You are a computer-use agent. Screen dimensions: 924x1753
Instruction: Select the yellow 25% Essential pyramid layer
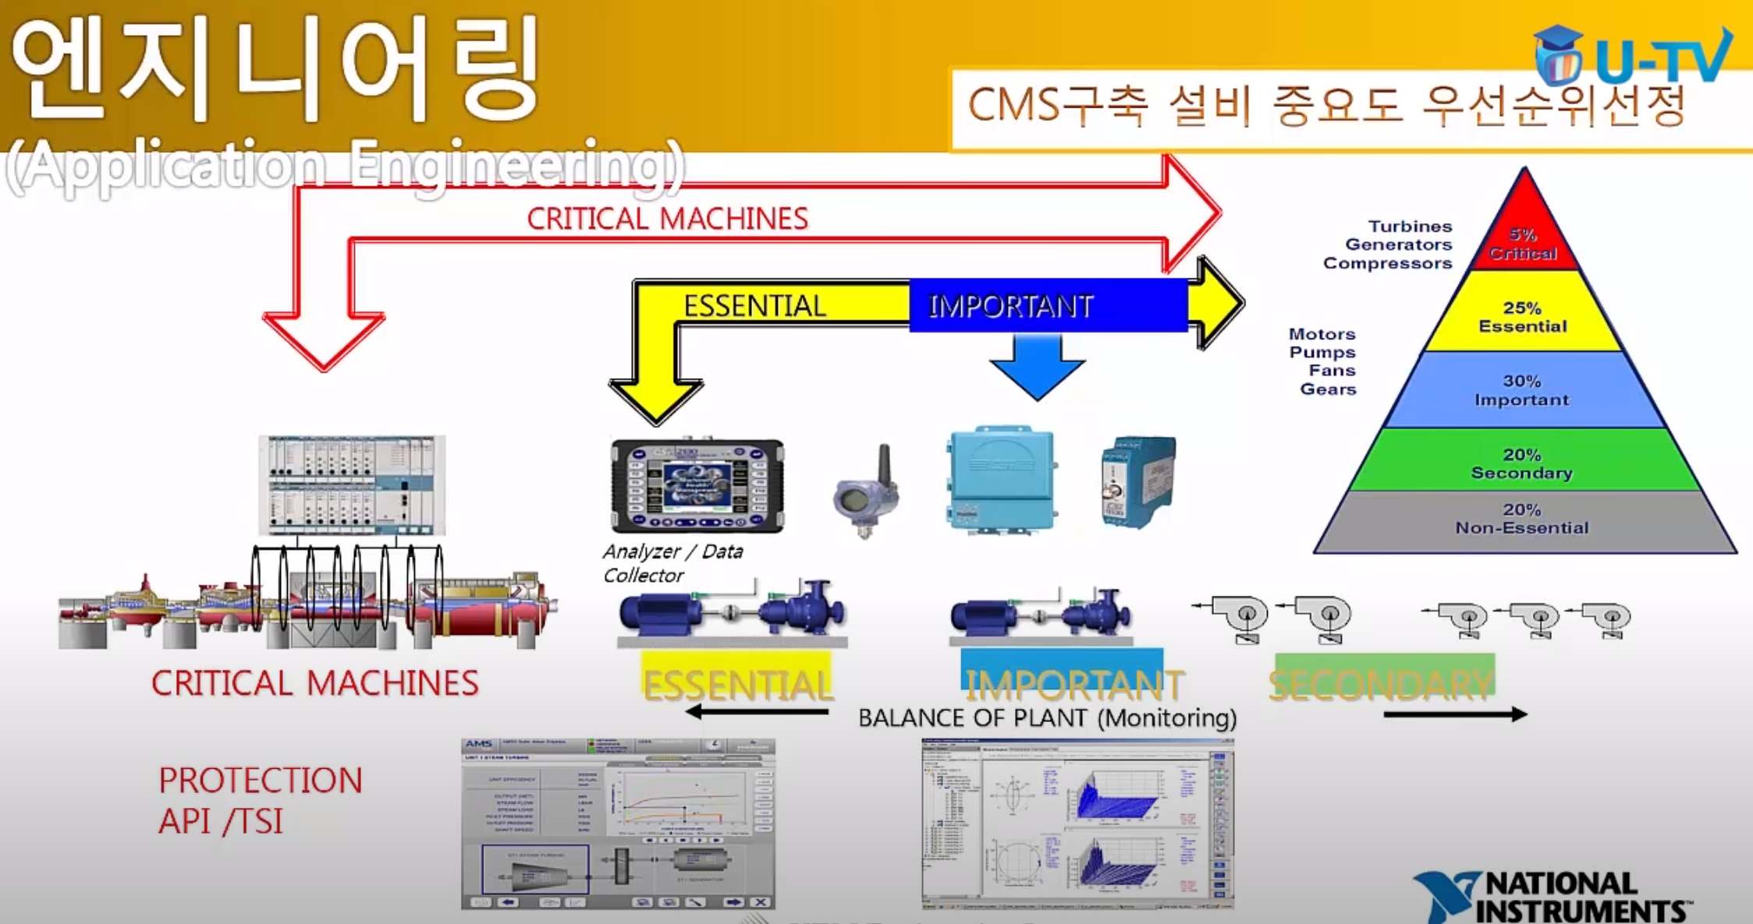1523,317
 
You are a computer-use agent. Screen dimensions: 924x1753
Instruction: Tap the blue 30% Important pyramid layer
1522,390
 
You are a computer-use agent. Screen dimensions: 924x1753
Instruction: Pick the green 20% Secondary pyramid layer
1522,463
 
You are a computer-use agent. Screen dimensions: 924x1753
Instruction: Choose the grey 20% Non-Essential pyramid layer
1522,519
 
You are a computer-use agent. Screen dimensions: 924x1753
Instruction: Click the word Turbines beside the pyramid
1410,226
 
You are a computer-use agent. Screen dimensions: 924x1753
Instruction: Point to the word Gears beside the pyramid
1328,389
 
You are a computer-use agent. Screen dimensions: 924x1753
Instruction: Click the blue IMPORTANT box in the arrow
1047,306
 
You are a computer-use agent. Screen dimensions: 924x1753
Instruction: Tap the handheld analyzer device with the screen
697,485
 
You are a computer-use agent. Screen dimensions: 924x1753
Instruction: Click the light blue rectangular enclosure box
1001,479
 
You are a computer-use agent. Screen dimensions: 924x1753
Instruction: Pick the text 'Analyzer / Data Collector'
672,563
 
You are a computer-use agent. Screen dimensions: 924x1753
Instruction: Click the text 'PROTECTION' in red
261,781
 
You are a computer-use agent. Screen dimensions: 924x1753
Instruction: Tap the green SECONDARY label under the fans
1382,683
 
